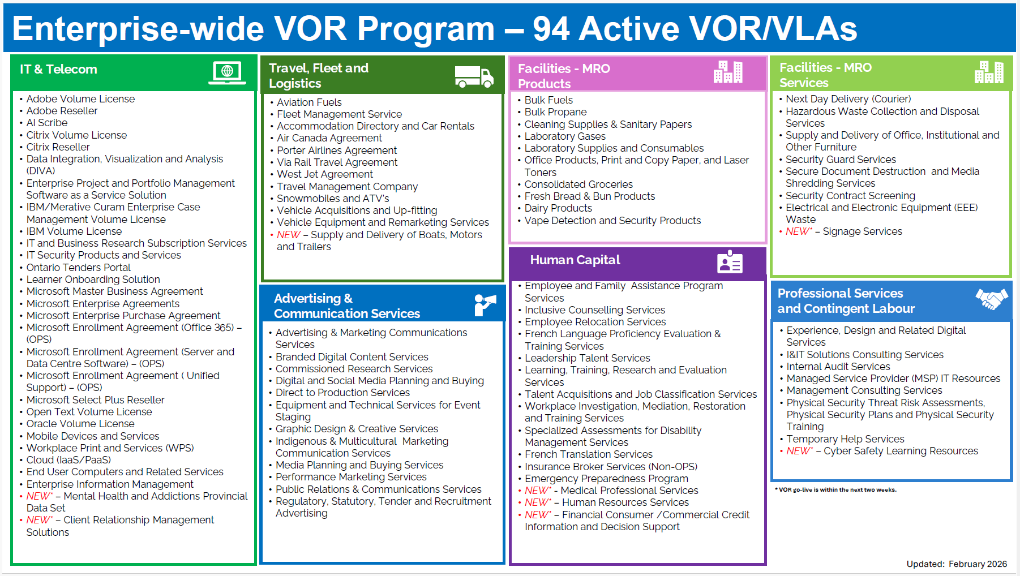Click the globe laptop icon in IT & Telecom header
227,72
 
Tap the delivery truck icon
474,76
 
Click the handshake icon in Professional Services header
992,299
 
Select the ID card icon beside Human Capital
730,262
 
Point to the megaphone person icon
485,305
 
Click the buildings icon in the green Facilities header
989,72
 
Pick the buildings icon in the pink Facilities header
728,72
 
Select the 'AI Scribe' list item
47,123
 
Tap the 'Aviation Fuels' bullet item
309,102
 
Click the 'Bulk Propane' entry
555,112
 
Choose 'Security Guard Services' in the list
841,160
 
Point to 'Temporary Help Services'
845,439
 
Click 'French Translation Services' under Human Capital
589,454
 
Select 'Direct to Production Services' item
342,393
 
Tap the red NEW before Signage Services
798,231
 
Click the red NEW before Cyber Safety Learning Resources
798,451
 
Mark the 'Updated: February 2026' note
957,564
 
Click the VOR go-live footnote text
835,490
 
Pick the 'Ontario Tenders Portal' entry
78,268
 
